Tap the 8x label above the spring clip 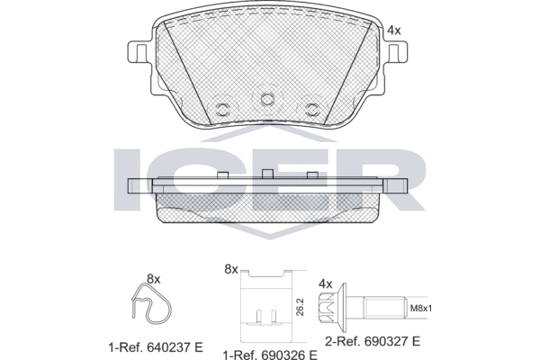click(152, 278)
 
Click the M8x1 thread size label click(420, 310)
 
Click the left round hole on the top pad click(221, 110)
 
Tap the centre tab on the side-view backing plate click(266, 172)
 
